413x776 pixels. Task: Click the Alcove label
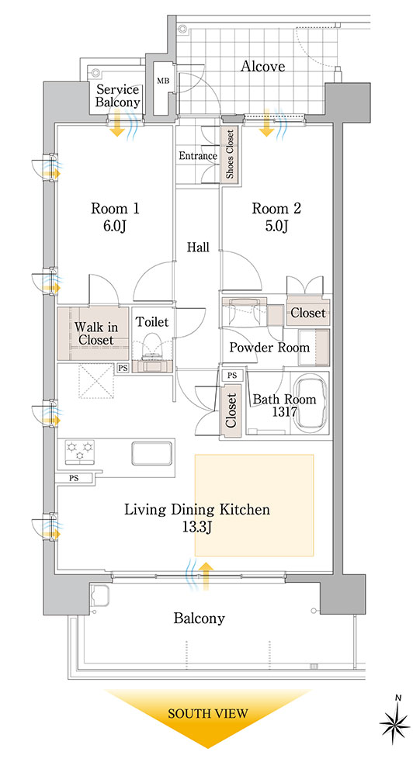click(262, 66)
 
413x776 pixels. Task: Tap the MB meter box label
click(162, 81)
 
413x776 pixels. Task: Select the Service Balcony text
click(118, 96)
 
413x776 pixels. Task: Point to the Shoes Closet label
click(230, 154)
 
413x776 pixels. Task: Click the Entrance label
click(198, 156)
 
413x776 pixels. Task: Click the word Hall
click(198, 247)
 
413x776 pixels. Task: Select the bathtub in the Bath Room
click(311, 401)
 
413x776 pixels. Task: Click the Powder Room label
click(269, 348)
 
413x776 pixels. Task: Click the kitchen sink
click(152, 453)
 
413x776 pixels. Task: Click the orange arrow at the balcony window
click(206, 577)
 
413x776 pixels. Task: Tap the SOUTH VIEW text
click(207, 714)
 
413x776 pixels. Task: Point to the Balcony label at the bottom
click(199, 618)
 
